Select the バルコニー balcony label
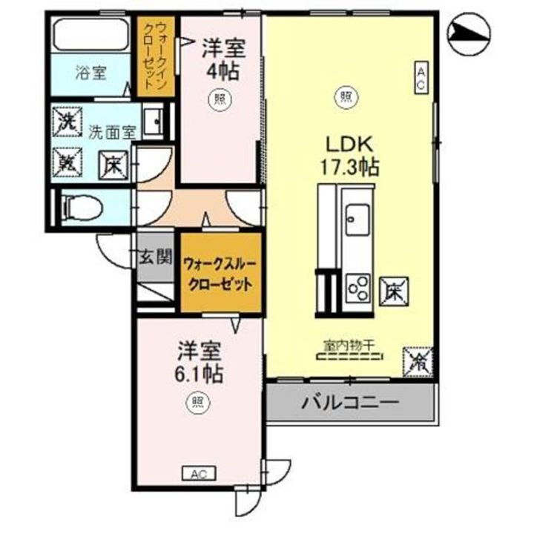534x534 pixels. click(350, 404)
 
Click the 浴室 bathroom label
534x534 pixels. click(91, 73)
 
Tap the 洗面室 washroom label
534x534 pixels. click(111, 133)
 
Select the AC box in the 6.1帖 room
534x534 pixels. click(198, 473)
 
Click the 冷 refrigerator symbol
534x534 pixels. click(418, 362)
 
